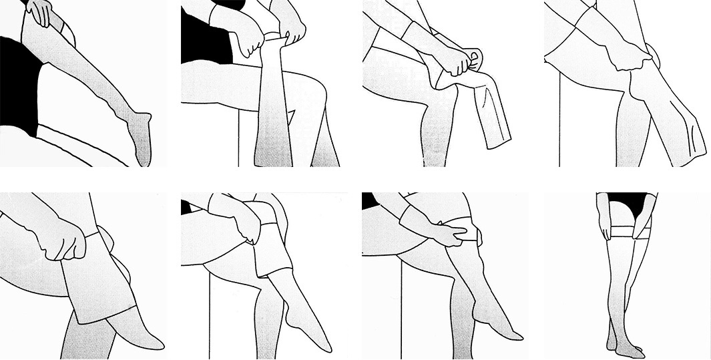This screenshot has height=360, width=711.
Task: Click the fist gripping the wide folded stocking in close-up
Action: coord(63,240)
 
